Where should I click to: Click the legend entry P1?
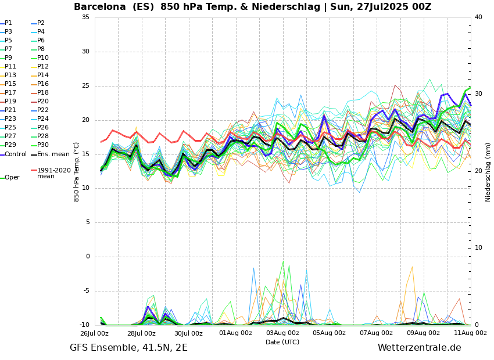click(8, 23)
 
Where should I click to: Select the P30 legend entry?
click(43, 145)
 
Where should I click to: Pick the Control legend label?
click(16, 154)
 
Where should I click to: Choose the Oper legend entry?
click(12, 178)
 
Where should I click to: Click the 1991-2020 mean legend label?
click(53, 173)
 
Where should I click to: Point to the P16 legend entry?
click(43, 84)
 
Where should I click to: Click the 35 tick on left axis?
click(85, 17)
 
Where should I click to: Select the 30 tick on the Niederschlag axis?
click(478, 94)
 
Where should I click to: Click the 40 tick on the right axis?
click(478, 17)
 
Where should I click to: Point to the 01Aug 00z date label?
click(235, 333)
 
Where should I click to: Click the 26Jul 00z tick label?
click(94, 333)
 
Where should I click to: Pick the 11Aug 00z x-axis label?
click(470, 333)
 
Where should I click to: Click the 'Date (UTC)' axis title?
click(282, 343)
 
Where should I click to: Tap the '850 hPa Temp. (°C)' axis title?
click(77, 171)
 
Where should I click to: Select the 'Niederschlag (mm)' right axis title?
click(488, 171)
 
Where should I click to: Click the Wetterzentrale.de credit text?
click(419, 348)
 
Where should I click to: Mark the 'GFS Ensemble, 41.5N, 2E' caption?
click(128, 348)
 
